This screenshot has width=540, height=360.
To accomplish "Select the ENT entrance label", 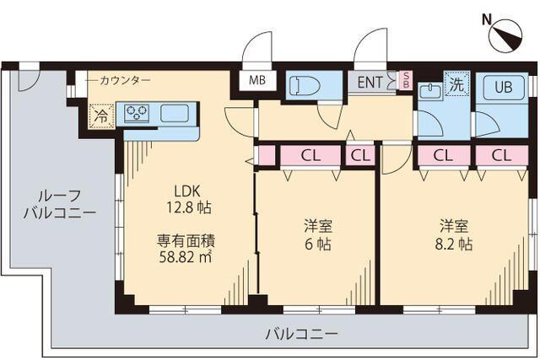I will point(370,82).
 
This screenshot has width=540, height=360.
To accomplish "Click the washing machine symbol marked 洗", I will point(456,84).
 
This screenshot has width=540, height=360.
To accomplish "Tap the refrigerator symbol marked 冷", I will point(101,116).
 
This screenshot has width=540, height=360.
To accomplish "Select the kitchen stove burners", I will point(137,113).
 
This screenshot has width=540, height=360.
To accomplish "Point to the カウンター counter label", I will point(124,80).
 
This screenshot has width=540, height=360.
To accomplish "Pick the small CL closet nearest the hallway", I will point(360,155).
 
